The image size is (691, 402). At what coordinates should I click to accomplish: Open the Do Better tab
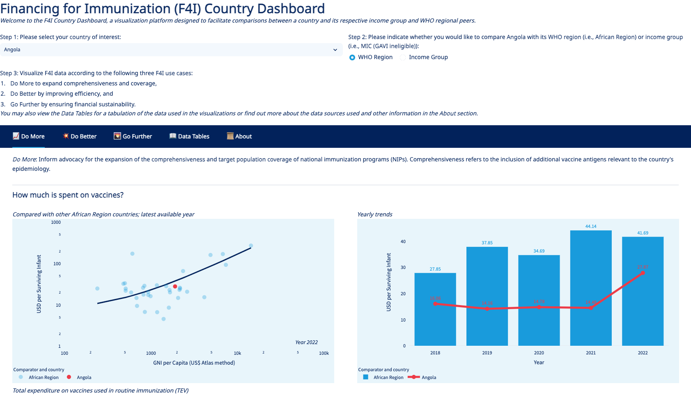point(80,136)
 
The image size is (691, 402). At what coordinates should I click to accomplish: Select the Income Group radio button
point(403,57)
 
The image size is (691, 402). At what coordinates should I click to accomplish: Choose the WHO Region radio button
point(352,57)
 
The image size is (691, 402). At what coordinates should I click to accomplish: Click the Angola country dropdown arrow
point(335,50)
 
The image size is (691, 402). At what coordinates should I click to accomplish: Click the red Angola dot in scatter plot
point(175,286)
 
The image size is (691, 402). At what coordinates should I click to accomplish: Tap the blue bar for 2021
point(590,287)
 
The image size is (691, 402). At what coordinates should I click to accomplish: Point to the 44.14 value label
point(590,226)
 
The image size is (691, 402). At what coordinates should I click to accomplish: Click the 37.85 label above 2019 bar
point(487,243)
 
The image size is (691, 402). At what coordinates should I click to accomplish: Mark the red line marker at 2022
point(643,273)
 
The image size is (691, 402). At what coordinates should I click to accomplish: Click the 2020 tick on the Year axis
point(539,353)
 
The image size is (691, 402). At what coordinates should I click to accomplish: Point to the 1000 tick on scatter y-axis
point(56,222)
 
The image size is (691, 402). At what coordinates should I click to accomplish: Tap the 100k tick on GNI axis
point(324,353)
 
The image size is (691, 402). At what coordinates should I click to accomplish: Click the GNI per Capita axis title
point(194,363)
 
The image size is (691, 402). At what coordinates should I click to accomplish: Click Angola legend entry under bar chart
point(429,377)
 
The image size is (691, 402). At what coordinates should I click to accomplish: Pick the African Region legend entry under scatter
point(44,377)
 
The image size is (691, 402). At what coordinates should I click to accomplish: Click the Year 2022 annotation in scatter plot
point(306,342)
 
